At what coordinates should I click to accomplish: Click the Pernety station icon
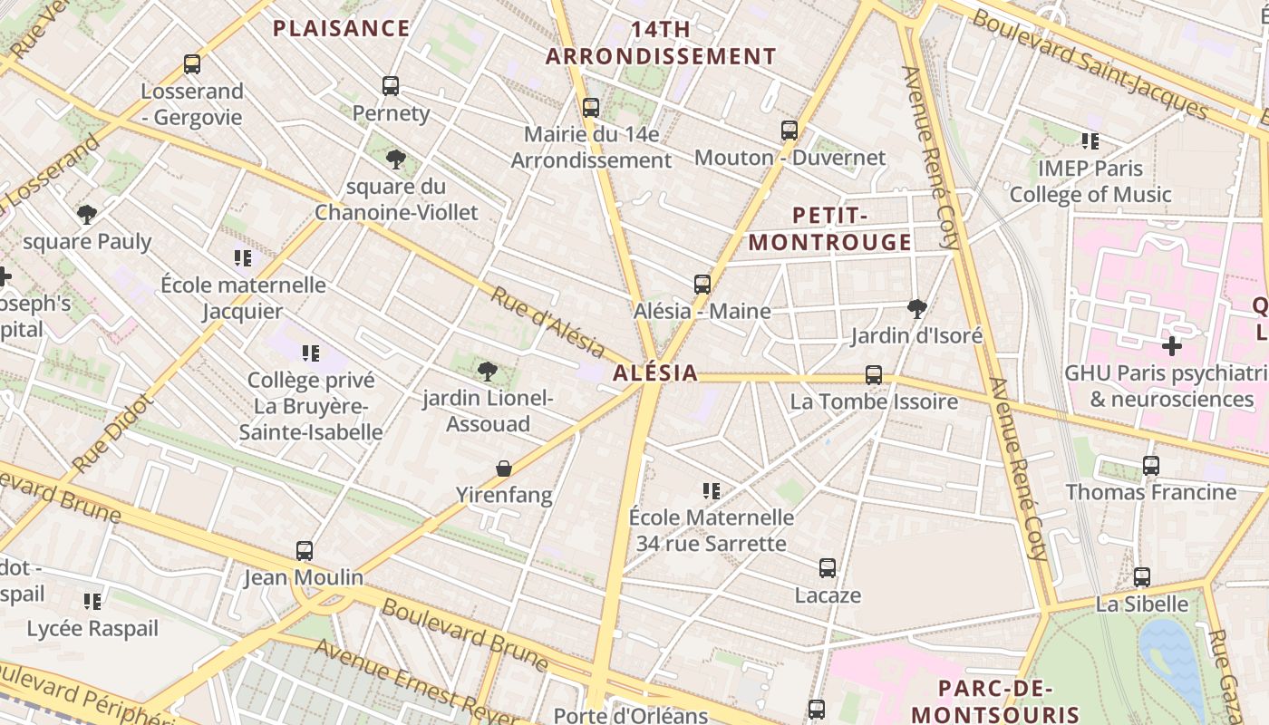tap(391, 86)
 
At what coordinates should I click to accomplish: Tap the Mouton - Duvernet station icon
tap(789, 130)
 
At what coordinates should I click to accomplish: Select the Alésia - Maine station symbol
tap(702, 285)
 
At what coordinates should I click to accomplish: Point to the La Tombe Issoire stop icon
tap(874, 374)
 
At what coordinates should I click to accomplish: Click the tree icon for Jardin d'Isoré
tap(917, 309)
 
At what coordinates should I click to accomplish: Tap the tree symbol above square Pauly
tap(87, 215)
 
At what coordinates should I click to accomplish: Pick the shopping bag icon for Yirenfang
tap(504, 469)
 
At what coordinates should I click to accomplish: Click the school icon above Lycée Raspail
tap(92, 602)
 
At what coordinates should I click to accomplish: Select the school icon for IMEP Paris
tap(1090, 141)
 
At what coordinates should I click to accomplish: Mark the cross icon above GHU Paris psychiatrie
tap(1172, 346)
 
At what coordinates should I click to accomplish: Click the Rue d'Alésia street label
tap(547, 322)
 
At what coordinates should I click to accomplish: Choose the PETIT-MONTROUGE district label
tap(830, 228)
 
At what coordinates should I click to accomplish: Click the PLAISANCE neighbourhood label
tap(342, 28)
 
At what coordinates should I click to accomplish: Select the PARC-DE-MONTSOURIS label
tap(995, 701)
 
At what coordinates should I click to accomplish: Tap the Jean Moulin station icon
tap(305, 551)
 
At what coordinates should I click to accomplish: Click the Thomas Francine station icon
tap(1151, 466)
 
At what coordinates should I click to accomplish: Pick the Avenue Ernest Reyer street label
tap(417, 674)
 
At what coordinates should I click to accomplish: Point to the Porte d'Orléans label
tap(630, 715)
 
